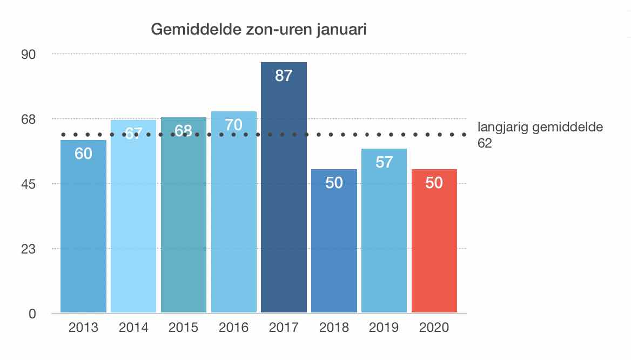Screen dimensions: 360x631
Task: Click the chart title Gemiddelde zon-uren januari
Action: click(259, 29)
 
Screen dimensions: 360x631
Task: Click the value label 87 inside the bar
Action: click(284, 76)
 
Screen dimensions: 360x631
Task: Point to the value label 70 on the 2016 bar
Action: click(233, 125)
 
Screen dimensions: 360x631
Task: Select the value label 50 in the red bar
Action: click(434, 183)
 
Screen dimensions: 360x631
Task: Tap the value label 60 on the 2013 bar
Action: click(83, 154)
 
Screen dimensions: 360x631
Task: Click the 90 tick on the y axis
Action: click(28, 54)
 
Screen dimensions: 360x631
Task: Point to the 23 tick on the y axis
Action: click(28, 249)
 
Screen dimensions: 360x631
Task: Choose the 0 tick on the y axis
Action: click(31, 314)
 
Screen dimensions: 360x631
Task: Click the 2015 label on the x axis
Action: click(184, 328)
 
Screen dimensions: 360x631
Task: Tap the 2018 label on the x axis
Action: click(334, 328)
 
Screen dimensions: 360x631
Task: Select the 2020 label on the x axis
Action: click(434, 328)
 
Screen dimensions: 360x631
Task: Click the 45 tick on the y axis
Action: click(28, 184)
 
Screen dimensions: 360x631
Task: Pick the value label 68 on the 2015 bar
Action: click(184, 131)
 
